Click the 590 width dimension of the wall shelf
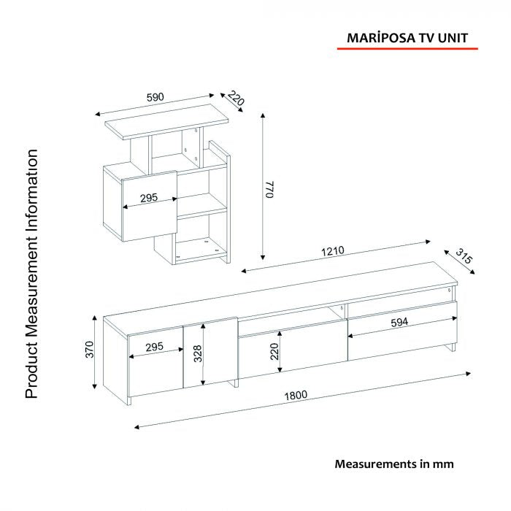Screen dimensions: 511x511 [155, 97]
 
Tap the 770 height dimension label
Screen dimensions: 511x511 [270, 189]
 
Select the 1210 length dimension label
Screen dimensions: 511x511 [332, 251]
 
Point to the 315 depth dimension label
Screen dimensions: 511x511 [464, 256]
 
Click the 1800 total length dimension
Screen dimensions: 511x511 [296, 396]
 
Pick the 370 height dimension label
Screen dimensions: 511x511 [89, 350]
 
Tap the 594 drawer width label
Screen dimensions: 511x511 [399, 323]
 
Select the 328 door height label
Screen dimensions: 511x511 [198, 353]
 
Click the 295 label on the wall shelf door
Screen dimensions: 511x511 [149, 198]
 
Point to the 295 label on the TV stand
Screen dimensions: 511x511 [154, 347]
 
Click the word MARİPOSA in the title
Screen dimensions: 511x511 [380, 38]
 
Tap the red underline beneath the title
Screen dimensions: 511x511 [407, 49]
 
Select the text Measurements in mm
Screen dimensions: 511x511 [394, 464]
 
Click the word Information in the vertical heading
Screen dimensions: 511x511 [33, 192]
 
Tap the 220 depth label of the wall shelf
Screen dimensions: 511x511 [235, 98]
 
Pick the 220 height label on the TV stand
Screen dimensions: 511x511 [274, 351]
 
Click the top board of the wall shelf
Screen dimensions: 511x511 [166, 122]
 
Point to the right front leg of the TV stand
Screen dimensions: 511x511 [453, 347]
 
